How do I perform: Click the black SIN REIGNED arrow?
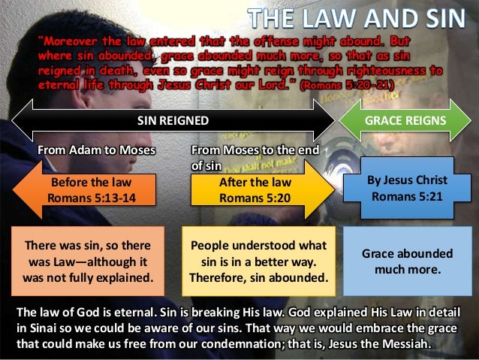pos(173,120)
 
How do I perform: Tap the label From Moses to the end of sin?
pos(255,156)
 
